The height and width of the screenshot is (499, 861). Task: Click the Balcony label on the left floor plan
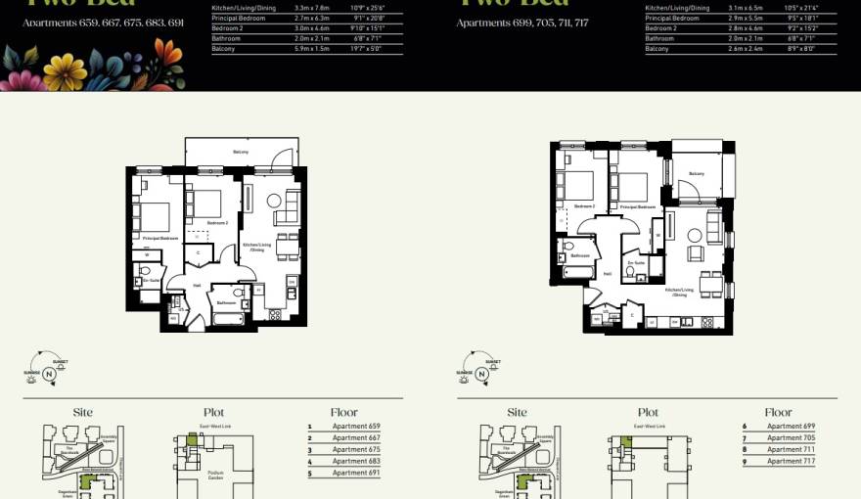(x=240, y=152)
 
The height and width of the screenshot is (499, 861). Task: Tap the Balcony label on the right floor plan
(x=697, y=173)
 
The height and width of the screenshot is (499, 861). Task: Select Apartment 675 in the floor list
(x=355, y=449)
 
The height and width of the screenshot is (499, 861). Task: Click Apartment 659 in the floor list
(x=355, y=426)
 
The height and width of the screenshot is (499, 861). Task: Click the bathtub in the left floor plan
(x=228, y=320)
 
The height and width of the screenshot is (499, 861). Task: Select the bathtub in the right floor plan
(x=577, y=270)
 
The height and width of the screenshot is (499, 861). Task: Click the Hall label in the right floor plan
(x=608, y=275)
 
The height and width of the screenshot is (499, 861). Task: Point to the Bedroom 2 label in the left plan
(x=217, y=223)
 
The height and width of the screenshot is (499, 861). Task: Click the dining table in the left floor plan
(x=287, y=249)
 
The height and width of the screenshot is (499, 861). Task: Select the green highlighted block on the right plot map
(x=625, y=441)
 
